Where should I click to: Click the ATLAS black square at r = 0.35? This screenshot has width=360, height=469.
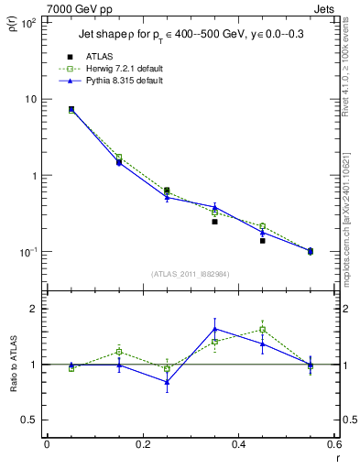click(x=214, y=222)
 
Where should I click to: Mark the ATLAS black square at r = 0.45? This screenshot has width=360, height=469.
click(x=262, y=241)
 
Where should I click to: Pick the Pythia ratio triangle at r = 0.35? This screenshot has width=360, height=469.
click(x=214, y=329)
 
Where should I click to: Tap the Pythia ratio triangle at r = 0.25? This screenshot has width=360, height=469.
click(x=167, y=382)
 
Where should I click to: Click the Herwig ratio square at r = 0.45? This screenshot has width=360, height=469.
click(x=262, y=330)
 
